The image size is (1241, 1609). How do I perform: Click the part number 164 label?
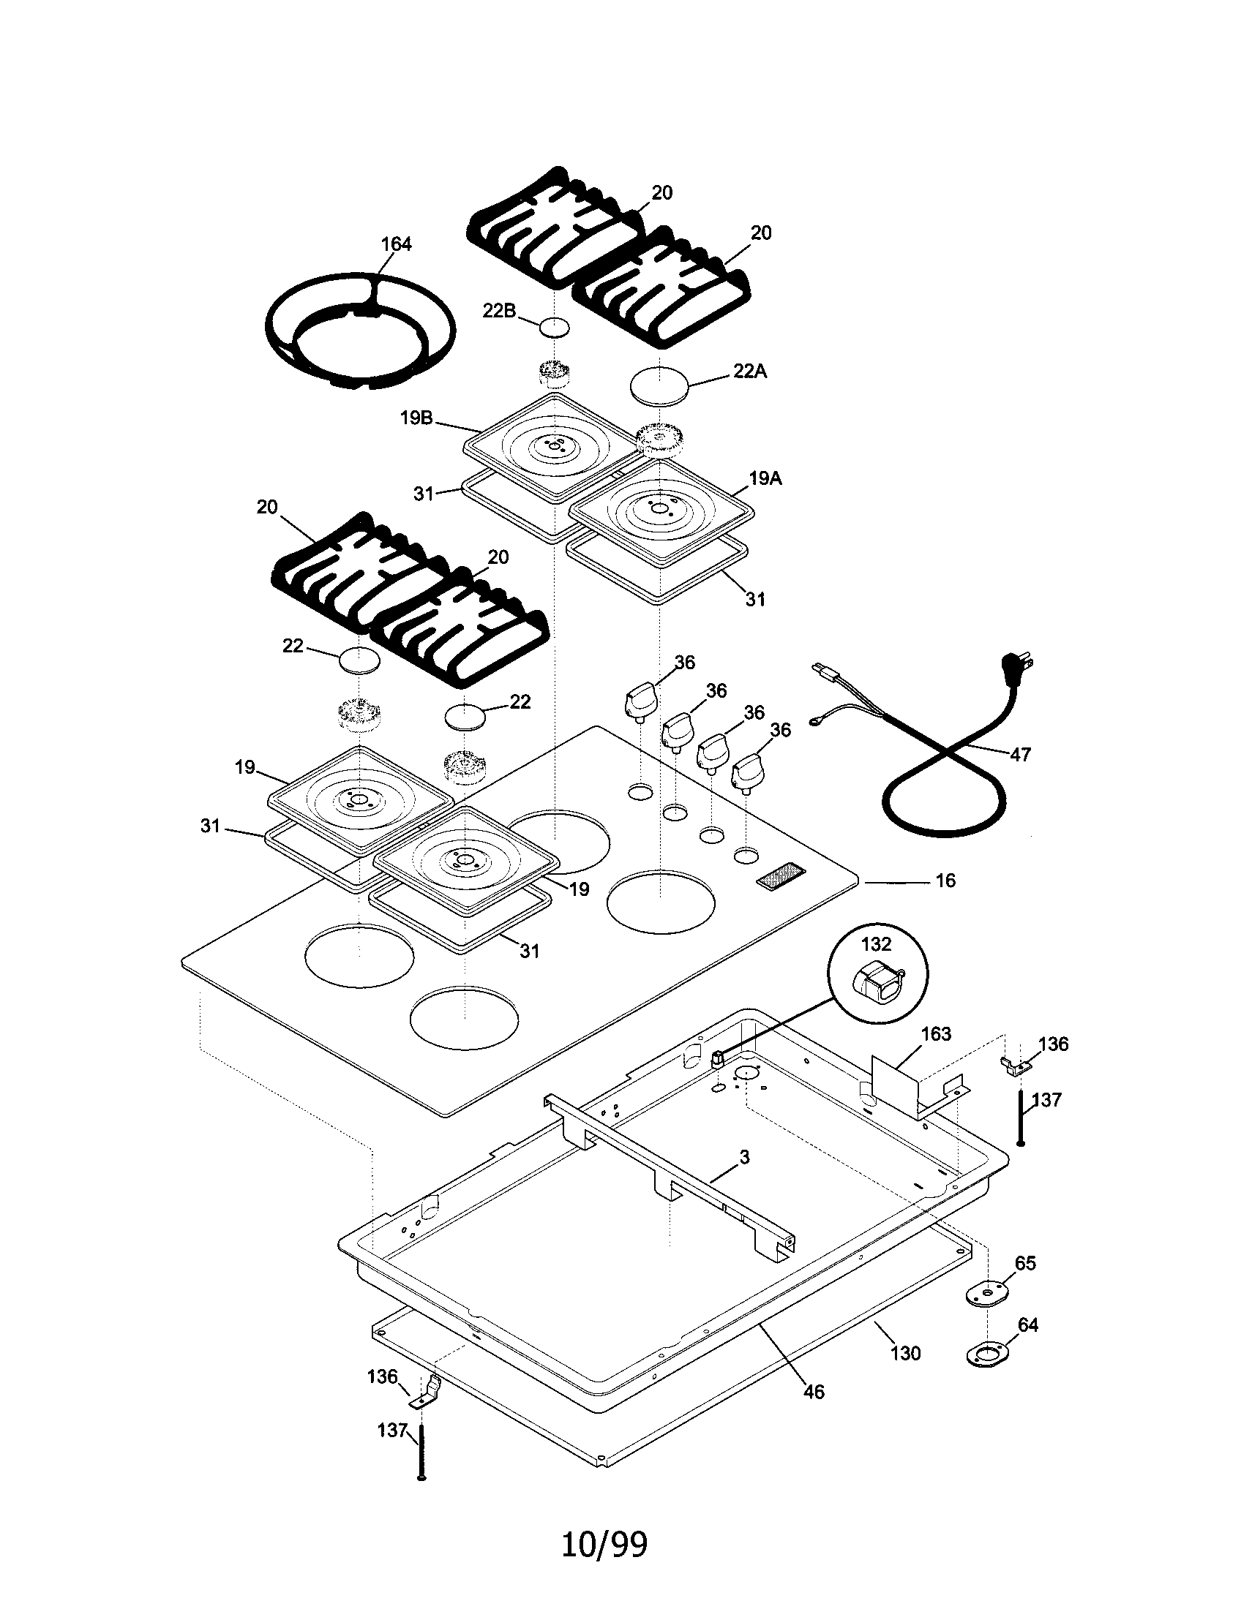[x=396, y=244]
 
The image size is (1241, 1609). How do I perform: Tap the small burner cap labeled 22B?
[x=554, y=327]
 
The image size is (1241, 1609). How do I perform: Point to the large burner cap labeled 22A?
[x=659, y=384]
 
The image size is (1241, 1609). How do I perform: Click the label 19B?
[x=416, y=418]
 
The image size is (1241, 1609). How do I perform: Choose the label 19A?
[x=765, y=478]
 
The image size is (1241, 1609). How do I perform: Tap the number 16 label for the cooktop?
[x=945, y=881]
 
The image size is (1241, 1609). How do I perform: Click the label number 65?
[x=1025, y=1263]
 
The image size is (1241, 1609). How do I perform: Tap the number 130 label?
[x=905, y=1353]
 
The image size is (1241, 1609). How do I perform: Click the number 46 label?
[x=814, y=1392]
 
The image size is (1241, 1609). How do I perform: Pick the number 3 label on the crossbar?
[x=744, y=1158]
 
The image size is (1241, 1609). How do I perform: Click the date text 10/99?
[x=604, y=1544]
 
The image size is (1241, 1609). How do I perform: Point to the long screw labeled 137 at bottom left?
[x=421, y=1455]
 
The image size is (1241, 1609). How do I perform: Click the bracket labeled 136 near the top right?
[x=1016, y=1064]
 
